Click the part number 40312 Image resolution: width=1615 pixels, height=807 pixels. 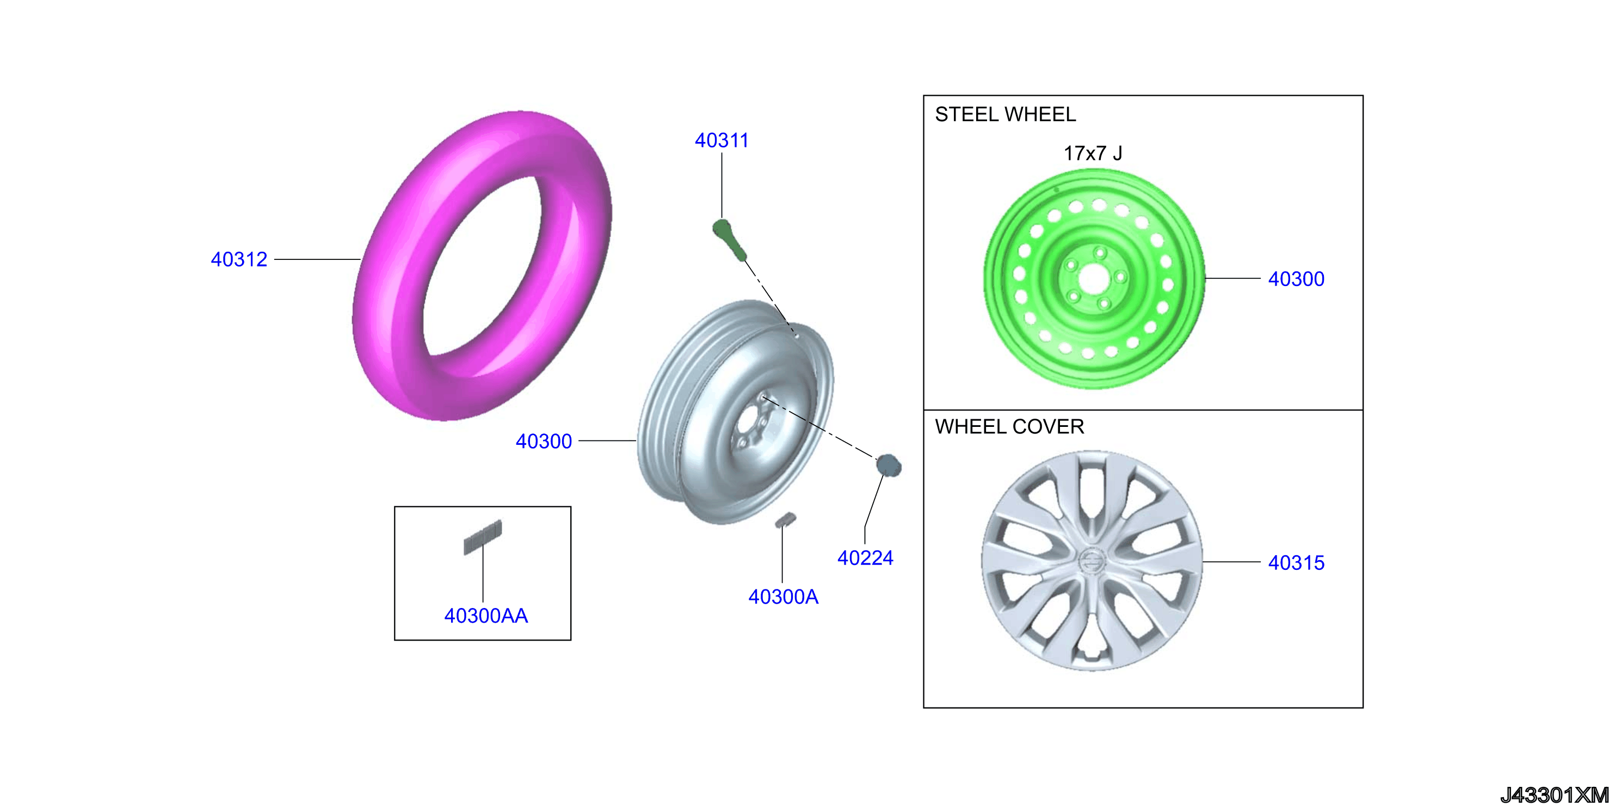(x=239, y=259)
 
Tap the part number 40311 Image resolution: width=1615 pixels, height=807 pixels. (x=722, y=140)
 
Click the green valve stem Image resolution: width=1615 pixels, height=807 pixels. (x=730, y=239)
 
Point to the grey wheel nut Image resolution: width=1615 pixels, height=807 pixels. (x=889, y=465)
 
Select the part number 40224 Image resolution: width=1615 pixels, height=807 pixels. (x=865, y=557)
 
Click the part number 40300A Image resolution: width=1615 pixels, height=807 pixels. (x=783, y=597)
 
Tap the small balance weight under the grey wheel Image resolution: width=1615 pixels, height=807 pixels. (x=785, y=520)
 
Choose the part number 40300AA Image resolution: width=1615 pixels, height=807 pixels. (x=486, y=616)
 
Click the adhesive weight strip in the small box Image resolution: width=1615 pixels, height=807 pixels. (x=483, y=537)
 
